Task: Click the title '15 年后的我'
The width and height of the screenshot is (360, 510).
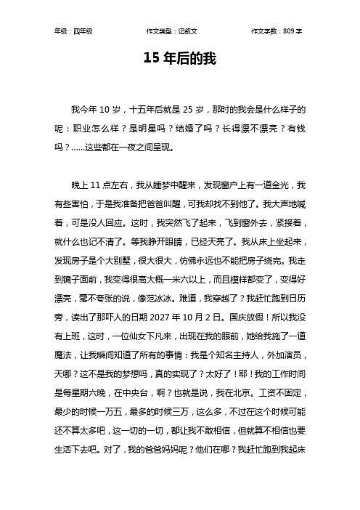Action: [x=179, y=57]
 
